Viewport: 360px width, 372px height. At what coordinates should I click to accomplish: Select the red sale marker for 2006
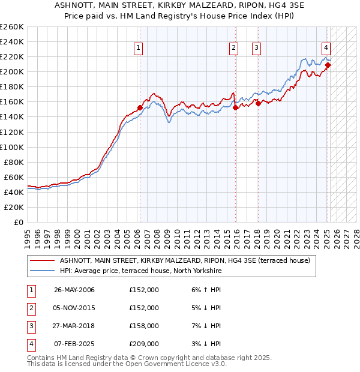[x=140, y=108]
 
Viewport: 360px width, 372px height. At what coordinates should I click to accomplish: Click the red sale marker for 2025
[x=328, y=65]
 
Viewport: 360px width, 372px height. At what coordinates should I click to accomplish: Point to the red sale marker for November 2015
[x=236, y=108]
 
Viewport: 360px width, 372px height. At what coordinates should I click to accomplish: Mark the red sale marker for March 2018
[x=258, y=103]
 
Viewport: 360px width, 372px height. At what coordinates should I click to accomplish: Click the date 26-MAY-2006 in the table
[x=74, y=290]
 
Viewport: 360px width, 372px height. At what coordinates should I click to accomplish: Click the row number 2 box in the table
[x=30, y=308]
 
